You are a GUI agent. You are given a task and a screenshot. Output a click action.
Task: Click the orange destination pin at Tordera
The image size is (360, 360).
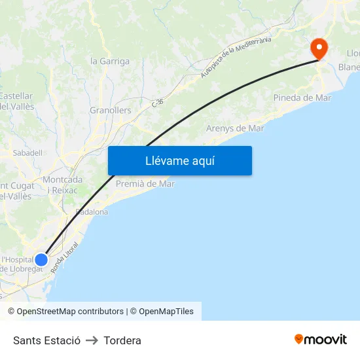[319, 48]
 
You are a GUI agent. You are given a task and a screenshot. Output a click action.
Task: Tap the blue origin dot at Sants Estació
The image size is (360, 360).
[41, 260]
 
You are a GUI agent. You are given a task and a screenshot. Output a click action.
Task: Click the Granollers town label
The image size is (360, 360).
[110, 111]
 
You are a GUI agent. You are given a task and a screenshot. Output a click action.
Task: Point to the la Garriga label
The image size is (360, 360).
[110, 62]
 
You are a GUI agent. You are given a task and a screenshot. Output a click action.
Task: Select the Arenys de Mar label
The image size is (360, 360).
[235, 128]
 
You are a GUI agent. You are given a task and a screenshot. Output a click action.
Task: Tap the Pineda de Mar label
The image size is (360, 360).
[302, 98]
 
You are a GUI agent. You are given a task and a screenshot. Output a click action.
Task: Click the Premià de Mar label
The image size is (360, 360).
[145, 184]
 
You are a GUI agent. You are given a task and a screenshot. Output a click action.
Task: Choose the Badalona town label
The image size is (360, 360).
[92, 212]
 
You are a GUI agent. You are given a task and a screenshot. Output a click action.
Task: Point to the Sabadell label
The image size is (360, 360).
[27, 153]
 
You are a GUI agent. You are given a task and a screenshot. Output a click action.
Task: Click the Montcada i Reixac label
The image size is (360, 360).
[62, 185]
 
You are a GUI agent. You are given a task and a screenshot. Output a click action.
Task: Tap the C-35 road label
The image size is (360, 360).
[157, 103]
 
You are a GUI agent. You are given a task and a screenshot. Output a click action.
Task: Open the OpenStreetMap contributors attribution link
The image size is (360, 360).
[65, 312]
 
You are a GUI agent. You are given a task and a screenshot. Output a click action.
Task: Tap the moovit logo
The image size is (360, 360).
[321, 339]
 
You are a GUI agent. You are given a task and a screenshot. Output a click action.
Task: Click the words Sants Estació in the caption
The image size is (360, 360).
[46, 340]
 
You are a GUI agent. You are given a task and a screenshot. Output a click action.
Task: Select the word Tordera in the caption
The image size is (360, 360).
[122, 340]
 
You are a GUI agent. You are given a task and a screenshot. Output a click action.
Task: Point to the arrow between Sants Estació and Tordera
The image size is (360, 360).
[92, 340]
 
